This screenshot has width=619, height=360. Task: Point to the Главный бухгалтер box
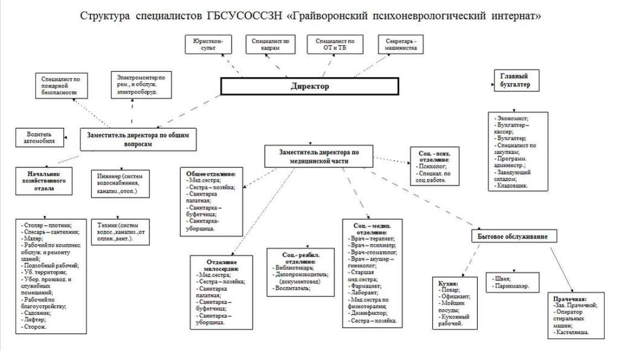tap(514, 80)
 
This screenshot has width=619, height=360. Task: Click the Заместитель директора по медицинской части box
tap(319, 156)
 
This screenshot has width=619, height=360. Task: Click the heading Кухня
tap(448, 283)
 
